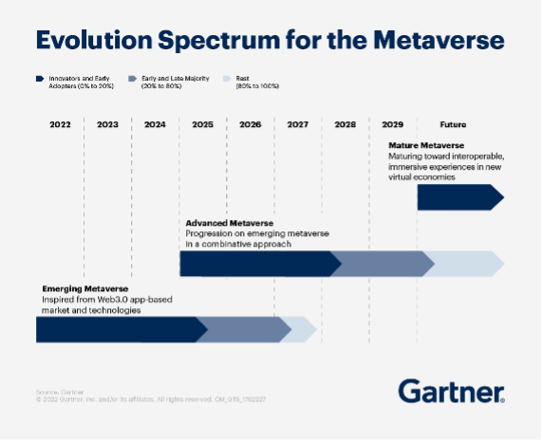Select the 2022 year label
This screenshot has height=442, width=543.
60,124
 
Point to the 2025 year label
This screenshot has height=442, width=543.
202,124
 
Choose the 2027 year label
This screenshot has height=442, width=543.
297,124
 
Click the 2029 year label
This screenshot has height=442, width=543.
392,124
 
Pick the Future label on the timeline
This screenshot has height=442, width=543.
453,124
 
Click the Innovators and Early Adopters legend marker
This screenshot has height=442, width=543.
39,79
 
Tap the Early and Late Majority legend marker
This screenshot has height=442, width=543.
131,79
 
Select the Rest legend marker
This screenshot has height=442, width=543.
225,79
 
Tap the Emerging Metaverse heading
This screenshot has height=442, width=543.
84,288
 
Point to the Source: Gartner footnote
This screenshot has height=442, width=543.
55,391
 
